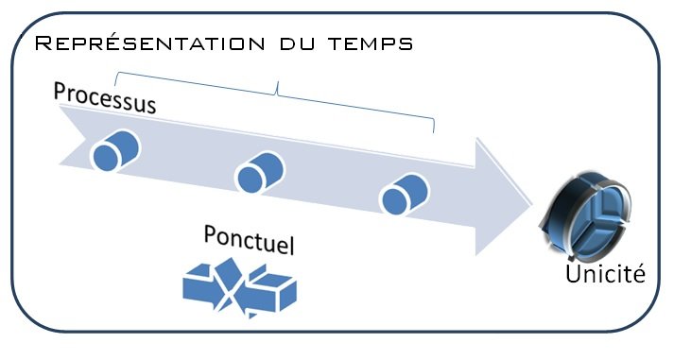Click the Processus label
[x=104, y=97]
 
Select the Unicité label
[x=605, y=275]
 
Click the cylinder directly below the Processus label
[x=115, y=150]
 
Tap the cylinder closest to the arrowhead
[x=404, y=195]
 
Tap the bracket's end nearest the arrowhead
[x=433, y=131]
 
